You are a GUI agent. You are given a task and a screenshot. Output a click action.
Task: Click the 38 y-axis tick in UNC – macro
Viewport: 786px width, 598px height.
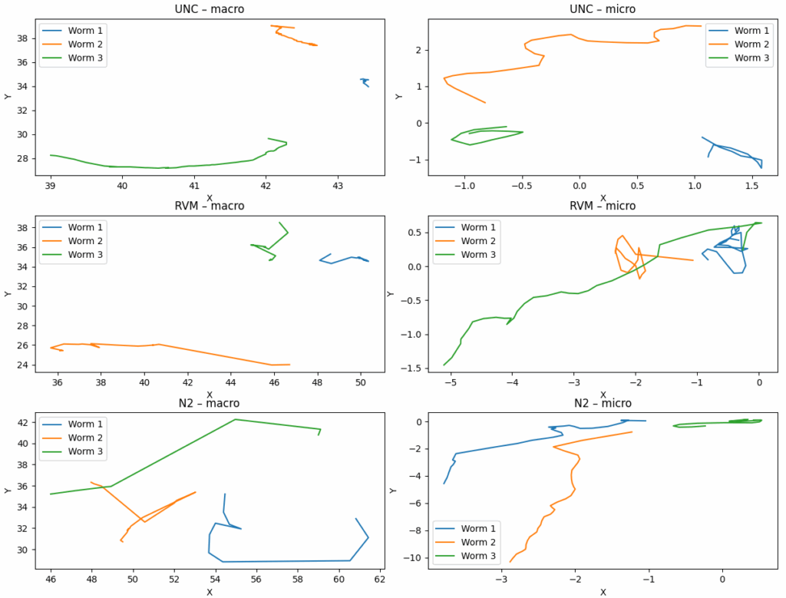[x=23, y=38]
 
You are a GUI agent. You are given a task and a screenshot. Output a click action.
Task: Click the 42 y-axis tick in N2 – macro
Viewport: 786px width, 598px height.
[x=23, y=423]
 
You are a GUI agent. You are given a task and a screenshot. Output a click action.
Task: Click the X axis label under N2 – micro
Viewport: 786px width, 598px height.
[x=603, y=592]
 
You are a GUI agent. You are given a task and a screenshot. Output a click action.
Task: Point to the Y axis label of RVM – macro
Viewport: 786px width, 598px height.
[x=8, y=293]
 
